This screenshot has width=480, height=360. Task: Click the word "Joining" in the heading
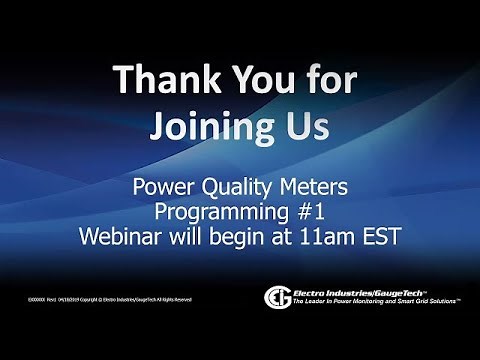(209, 127)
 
